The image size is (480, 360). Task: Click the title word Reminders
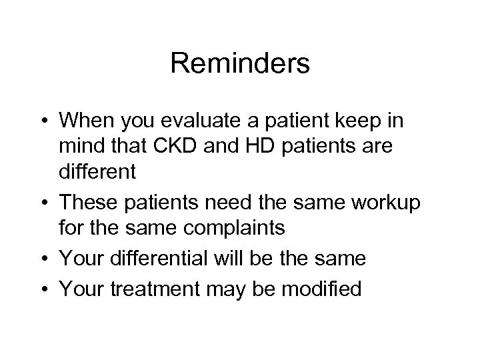pos(240,65)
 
